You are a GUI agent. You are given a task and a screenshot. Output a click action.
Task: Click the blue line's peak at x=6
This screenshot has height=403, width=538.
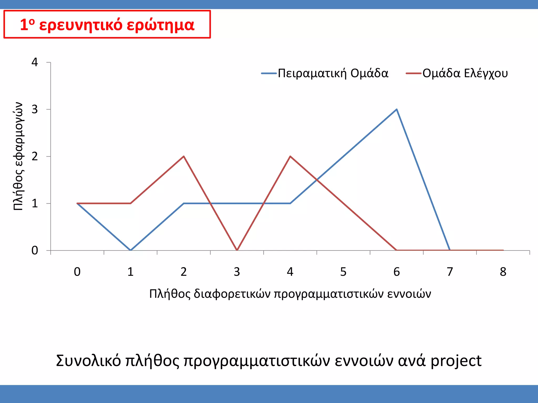tap(396, 109)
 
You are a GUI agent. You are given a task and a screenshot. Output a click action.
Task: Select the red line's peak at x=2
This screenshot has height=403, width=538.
tap(184, 156)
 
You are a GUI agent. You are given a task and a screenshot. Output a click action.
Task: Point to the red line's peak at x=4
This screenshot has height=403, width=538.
tap(290, 156)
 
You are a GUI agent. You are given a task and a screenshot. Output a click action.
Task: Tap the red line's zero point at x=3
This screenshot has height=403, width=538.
tap(237, 250)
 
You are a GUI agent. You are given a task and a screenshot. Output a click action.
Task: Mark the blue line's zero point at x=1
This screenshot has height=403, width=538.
tap(131, 250)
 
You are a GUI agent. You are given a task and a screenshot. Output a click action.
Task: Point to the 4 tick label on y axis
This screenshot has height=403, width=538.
tap(35, 62)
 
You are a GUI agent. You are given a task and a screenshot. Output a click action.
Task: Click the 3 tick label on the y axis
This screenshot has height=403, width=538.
tap(35, 109)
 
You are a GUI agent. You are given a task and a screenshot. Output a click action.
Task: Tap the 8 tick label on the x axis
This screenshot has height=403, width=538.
tap(503, 272)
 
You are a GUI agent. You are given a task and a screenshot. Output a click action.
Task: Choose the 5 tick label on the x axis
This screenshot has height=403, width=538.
tap(343, 272)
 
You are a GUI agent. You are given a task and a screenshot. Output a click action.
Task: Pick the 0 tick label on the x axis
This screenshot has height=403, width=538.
tap(77, 272)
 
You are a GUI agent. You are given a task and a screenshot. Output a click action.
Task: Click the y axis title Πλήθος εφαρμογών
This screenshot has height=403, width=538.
tap(18, 156)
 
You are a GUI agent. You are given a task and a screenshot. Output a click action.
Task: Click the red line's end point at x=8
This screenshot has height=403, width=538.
tap(503, 250)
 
